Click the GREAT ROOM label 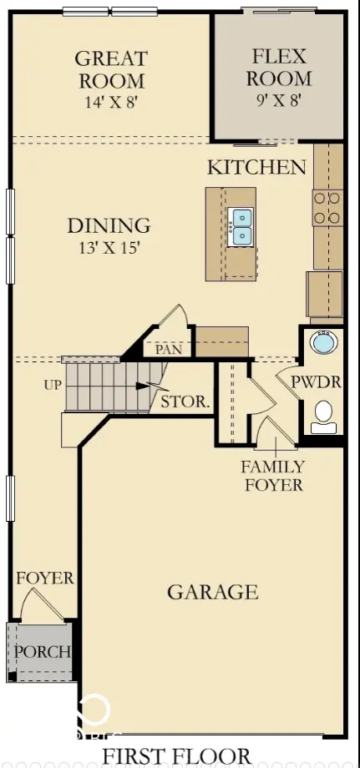point(111,69)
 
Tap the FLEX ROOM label point(279,67)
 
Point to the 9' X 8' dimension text point(278,100)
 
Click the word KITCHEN point(256,168)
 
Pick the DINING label point(109,225)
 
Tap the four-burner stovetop point(327,208)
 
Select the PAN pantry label point(169,350)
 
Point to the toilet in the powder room point(323,417)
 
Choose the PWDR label point(316,382)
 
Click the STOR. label point(185,402)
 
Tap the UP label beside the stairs point(53,385)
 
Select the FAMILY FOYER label point(273,476)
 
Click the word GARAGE point(212,592)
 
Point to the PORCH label point(42,652)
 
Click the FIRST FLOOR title point(176,755)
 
